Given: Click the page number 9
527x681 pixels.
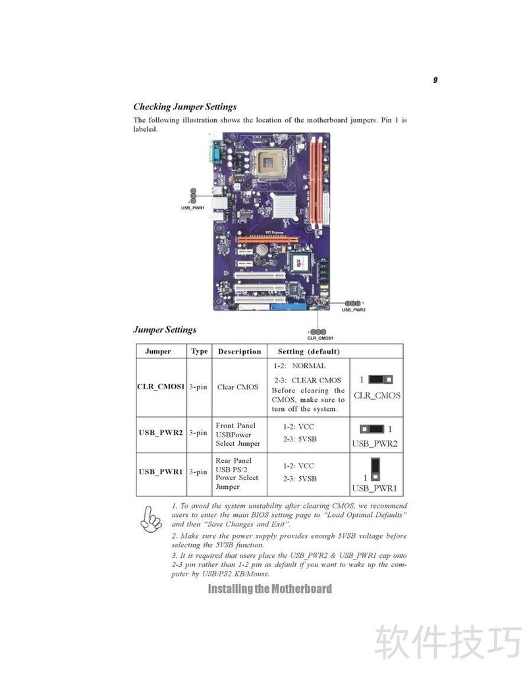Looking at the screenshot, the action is coord(435,80).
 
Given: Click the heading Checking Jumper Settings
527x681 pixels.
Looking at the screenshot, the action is coord(184,107).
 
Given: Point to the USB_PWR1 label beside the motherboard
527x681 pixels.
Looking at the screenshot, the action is coord(192,208).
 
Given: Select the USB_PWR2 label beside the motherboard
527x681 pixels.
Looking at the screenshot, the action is coord(353,310).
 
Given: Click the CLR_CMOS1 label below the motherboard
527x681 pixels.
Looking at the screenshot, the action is coord(320,338).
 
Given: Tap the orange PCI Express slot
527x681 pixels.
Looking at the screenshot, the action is coord(268,240).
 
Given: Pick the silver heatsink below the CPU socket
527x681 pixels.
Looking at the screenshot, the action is coord(284,205).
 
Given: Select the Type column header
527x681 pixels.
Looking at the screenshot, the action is coord(200,351).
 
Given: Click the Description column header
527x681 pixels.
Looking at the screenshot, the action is coord(239,351).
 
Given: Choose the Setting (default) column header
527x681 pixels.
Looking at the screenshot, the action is coord(308,351).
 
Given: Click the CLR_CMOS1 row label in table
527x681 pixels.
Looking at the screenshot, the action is coord(161,387).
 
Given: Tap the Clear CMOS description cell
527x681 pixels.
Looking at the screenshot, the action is coord(238,387).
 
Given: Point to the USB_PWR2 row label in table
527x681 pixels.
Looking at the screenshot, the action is coord(161,433).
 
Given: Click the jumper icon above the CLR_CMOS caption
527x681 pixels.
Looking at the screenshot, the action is coord(380,379).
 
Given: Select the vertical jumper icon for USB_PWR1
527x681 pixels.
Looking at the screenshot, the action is coord(375,469).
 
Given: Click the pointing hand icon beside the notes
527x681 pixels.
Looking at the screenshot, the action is coord(151,520).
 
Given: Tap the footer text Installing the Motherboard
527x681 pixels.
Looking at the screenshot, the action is coord(269,589).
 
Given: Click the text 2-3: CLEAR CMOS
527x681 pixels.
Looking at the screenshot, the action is coord(307,380).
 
